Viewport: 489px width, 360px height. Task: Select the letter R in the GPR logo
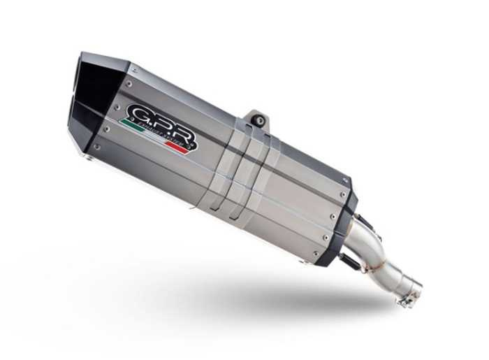pos(180,131)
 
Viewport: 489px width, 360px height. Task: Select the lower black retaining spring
pos(364,256)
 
